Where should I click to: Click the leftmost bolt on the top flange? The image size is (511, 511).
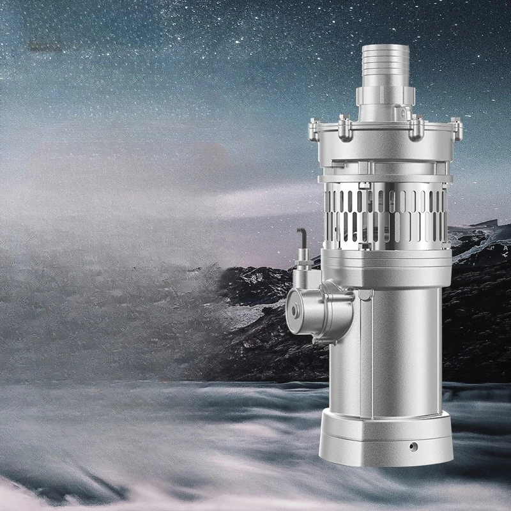(314, 130)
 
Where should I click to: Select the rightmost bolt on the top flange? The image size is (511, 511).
(457, 128)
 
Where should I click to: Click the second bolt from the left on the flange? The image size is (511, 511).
(345, 127)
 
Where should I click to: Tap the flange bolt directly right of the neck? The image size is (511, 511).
(416, 127)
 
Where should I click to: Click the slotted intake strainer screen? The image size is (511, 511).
(383, 214)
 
